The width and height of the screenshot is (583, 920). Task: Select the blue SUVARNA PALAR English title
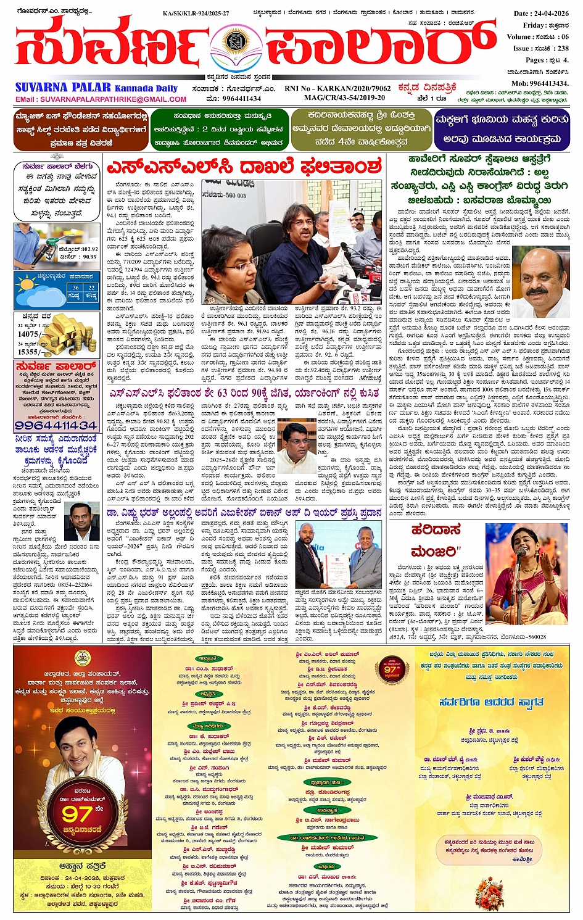[63, 88]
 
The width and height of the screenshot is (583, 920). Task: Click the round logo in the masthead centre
[236, 43]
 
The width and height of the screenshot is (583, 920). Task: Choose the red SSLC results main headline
[244, 167]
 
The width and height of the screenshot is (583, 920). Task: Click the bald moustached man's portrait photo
[541, 282]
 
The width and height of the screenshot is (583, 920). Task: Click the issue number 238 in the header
[562, 48]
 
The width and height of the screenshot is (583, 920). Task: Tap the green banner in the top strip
[219, 129]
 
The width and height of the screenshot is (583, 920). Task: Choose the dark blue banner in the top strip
[501, 129]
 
